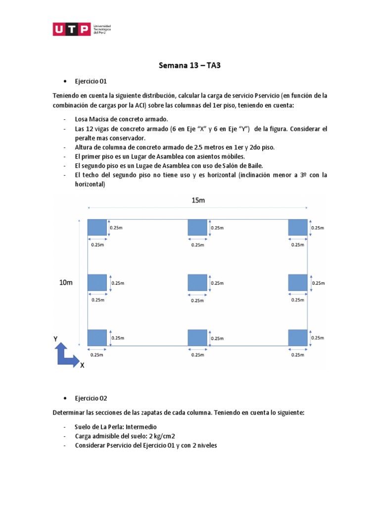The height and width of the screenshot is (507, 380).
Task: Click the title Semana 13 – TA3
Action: point(190,65)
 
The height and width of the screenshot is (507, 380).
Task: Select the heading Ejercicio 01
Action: point(91,81)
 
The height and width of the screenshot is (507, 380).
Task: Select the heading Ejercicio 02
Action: point(91,398)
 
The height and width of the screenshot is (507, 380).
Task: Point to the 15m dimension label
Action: point(198,201)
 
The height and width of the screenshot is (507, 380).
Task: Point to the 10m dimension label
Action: point(66,282)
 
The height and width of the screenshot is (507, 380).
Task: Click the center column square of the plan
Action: point(197,283)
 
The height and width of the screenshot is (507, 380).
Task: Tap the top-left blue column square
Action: point(97,227)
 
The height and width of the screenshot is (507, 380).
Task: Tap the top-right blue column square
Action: point(298,227)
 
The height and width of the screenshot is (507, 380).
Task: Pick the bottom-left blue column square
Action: point(97,337)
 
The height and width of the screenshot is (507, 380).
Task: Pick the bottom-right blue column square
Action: point(298,337)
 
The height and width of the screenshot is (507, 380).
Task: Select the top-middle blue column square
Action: point(197,227)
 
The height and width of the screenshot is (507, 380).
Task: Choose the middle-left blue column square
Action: point(97,282)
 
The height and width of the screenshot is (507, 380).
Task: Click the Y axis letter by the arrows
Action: point(56,339)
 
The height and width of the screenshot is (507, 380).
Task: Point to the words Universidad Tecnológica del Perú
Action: point(102,29)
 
